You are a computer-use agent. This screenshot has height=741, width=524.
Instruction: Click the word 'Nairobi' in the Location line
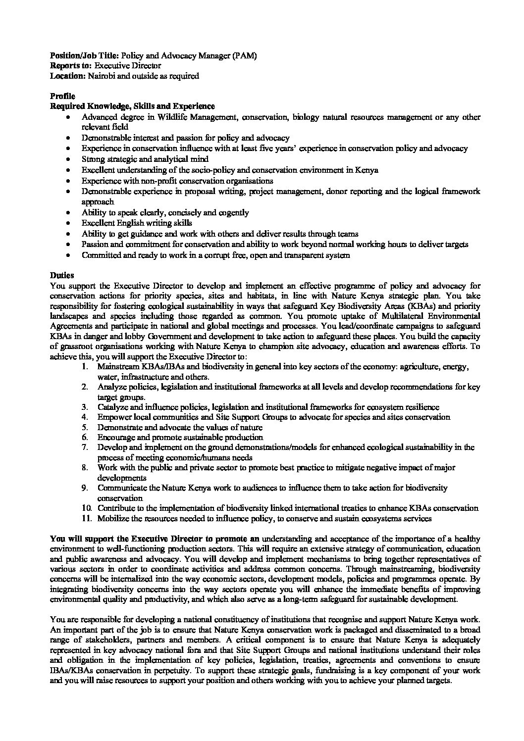pyautogui.click(x=102, y=76)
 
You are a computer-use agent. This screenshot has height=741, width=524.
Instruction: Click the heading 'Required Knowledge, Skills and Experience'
pyautogui.click(x=132, y=106)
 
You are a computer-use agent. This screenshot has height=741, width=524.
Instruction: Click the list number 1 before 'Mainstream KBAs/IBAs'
pyautogui.click(x=85, y=367)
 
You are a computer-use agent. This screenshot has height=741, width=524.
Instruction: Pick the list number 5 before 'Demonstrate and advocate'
pyautogui.click(x=85, y=427)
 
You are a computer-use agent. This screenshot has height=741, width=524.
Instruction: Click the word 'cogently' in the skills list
pyautogui.click(x=233, y=213)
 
